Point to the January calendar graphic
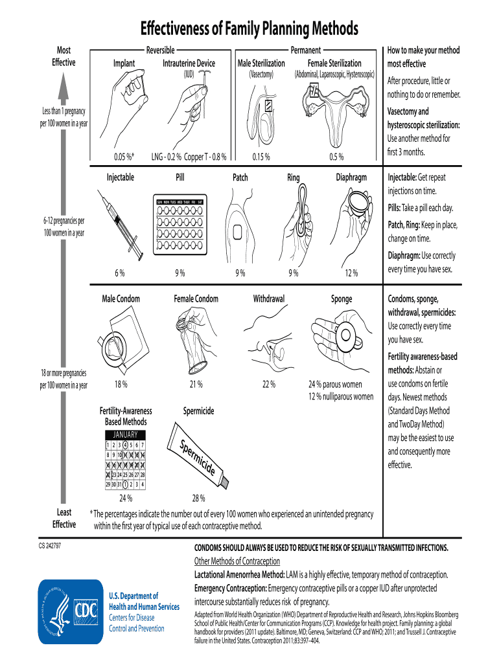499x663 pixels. click(126, 460)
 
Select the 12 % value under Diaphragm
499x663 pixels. click(351, 273)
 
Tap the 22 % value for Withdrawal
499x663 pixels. click(268, 384)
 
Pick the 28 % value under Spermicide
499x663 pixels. click(198, 498)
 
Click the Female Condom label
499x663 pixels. click(196, 298)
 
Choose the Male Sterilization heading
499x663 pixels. click(261, 63)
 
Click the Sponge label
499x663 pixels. click(342, 298)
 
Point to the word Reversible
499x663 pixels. click(160, 50)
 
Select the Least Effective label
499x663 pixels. click(64, 519)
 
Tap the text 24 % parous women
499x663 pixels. click(335, 384)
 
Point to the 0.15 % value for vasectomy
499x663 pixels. click(261, 156)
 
